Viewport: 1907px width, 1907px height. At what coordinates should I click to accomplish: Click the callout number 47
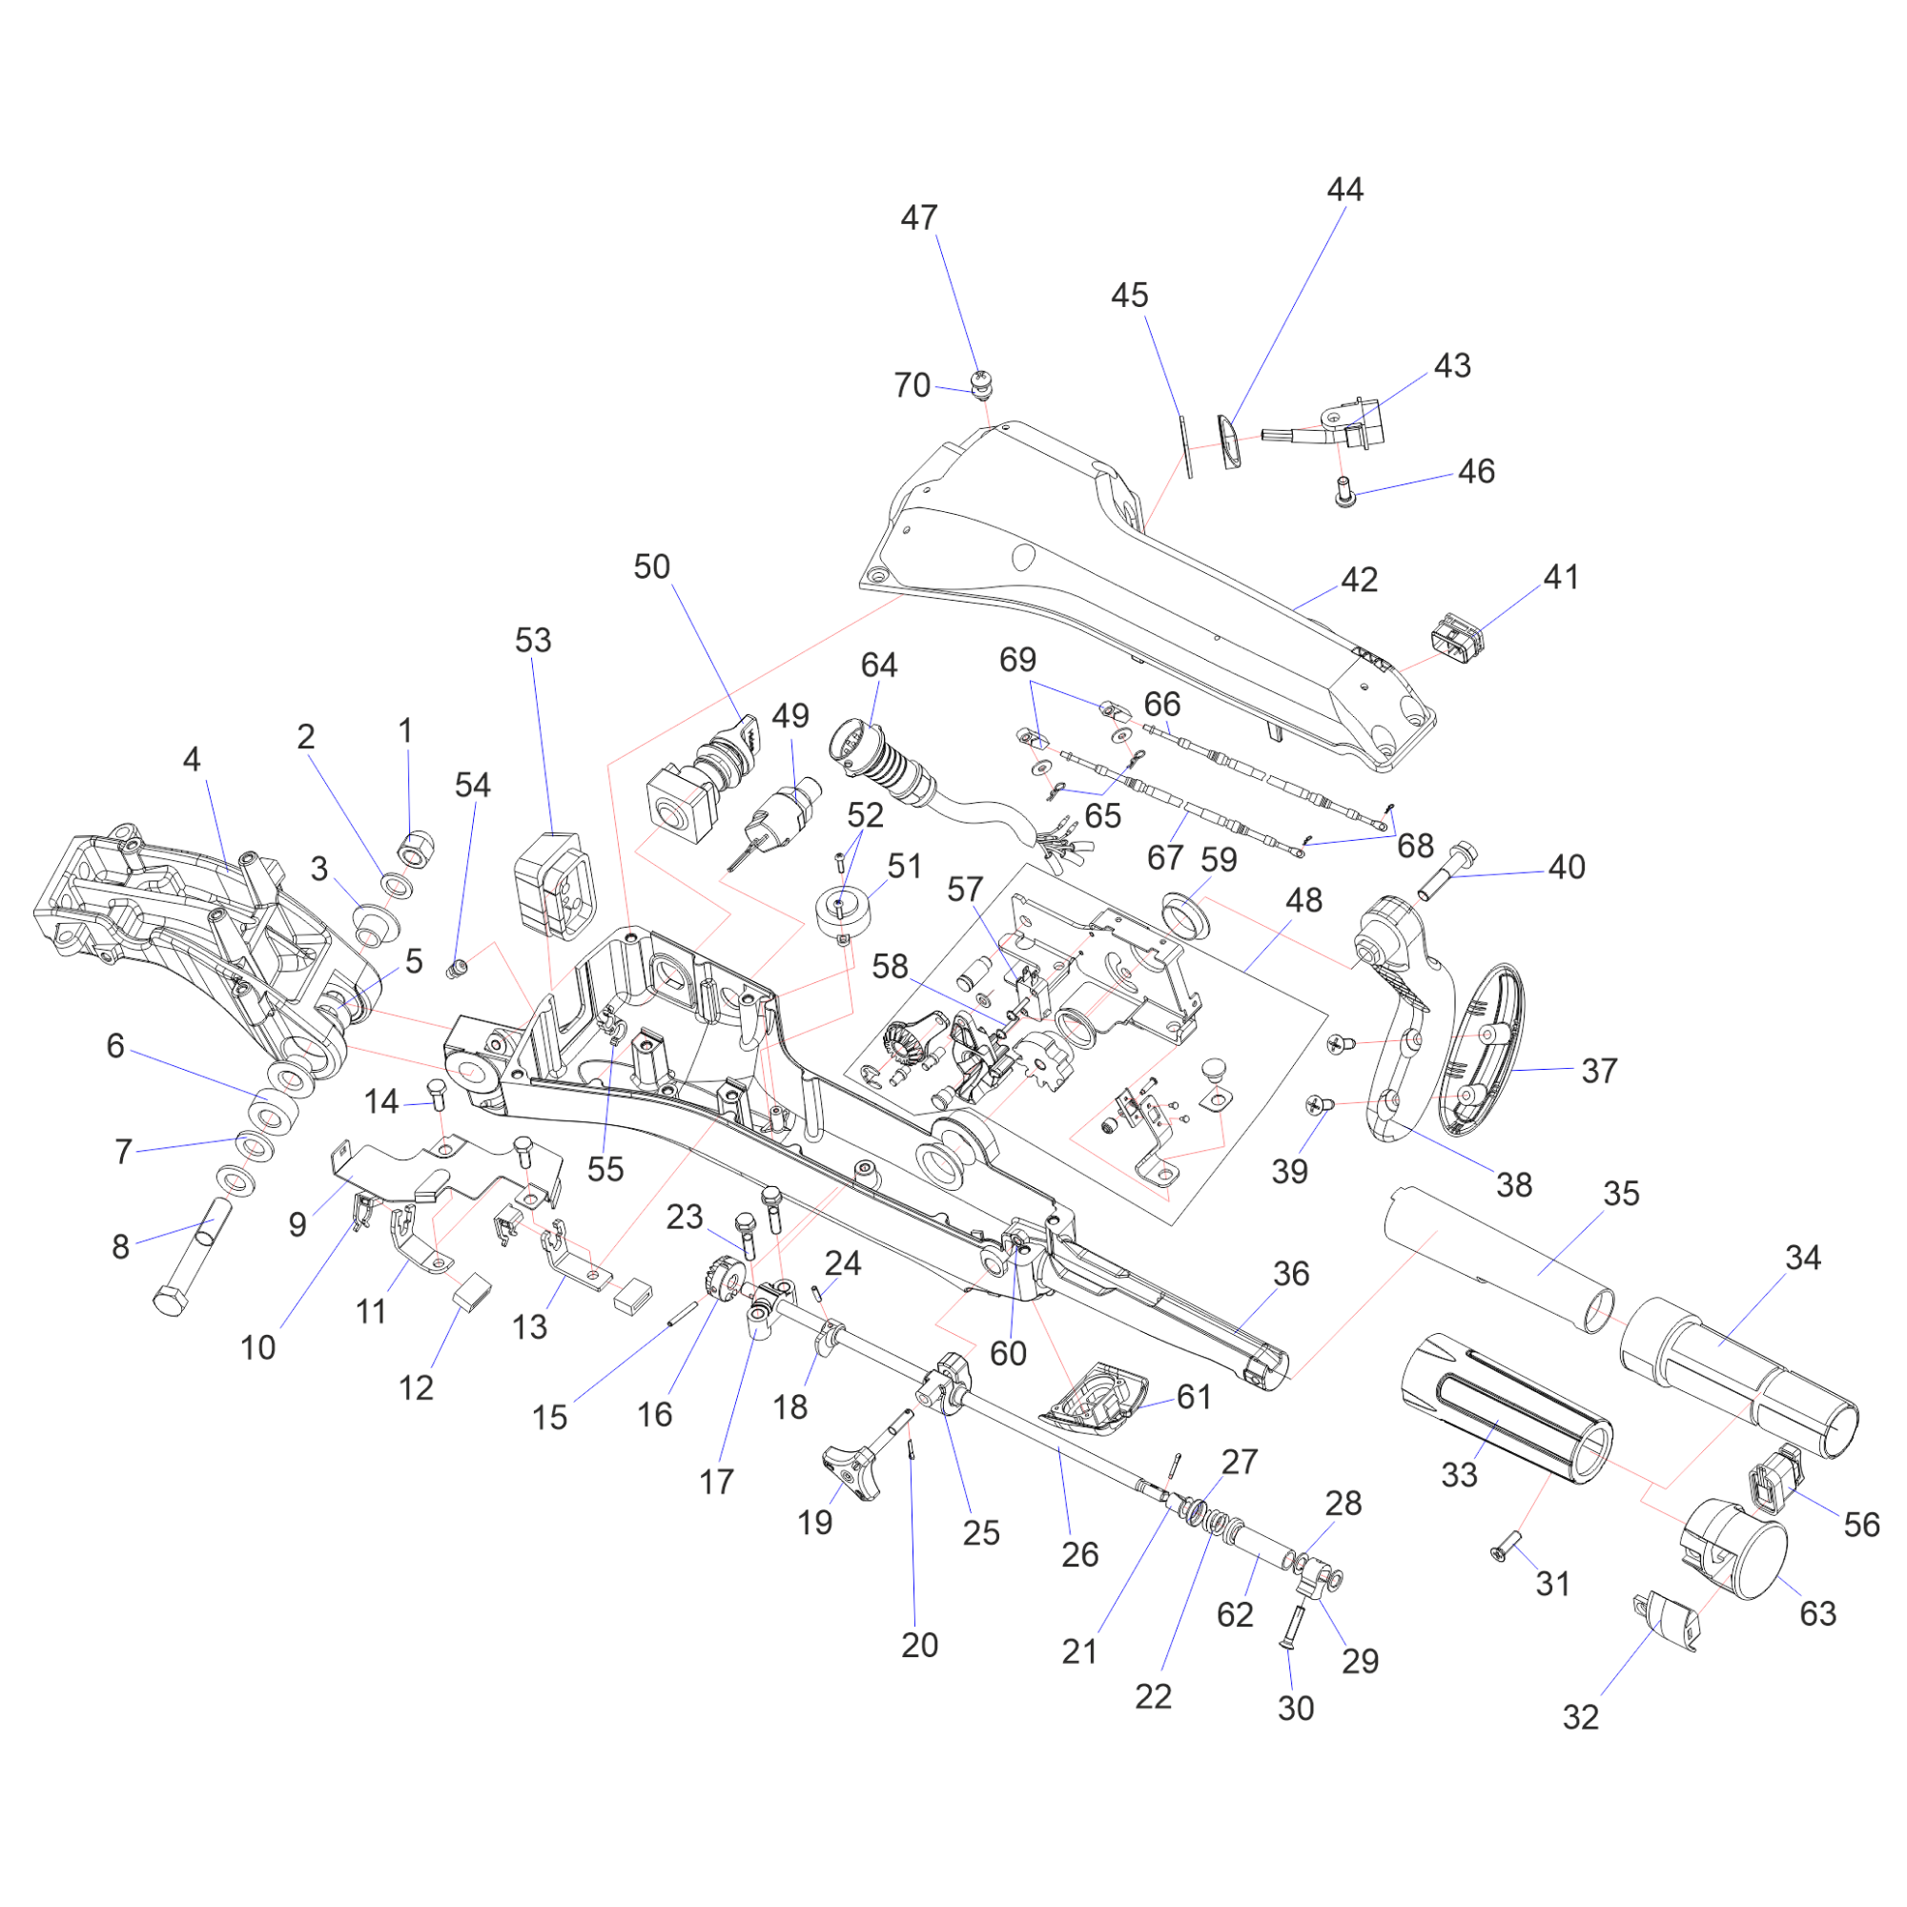[918, 218]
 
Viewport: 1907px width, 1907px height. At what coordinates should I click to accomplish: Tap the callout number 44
[1344, 190]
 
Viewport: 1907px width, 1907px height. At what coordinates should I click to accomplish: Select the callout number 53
[533, 641]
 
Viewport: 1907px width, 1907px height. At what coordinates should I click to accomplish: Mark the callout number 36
[1291, 1274]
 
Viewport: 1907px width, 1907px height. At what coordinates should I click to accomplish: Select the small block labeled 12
[473, 1291]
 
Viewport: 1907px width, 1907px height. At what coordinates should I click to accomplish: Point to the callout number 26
[1080, 1554]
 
